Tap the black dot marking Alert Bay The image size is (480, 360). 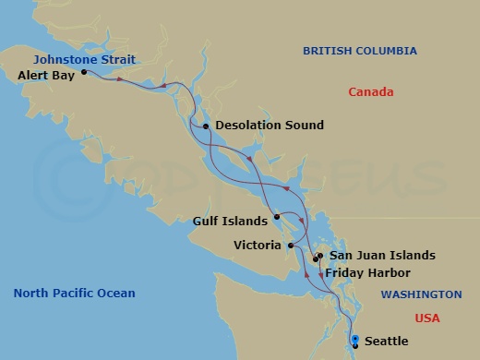click(84, 71)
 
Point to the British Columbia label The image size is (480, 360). click(360, 51)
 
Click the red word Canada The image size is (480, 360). click(371, 92)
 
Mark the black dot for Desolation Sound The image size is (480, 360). click(206, 126)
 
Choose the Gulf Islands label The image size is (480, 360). click(232, 222)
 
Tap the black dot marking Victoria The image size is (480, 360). click(290, 246)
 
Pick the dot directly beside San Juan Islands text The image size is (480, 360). click(320, 256)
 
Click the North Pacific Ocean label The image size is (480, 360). click(74, 294)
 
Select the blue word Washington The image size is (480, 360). click(422, 294)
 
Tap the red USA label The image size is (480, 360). click(427, 318)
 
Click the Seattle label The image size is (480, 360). click(387, 342)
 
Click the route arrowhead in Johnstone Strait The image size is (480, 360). click(162, 87)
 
